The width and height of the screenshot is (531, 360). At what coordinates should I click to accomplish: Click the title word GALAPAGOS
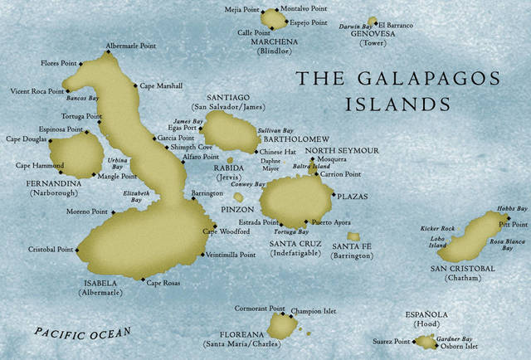419,79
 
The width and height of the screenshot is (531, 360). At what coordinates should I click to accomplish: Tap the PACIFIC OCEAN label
83,333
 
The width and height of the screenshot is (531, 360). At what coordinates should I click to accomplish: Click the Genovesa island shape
372,22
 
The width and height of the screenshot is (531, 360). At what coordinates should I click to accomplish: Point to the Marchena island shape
273,18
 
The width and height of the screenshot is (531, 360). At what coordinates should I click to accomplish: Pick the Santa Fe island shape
353,236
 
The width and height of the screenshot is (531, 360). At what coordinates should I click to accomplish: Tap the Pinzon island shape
239,197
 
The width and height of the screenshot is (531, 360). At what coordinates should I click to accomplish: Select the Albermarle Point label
130,46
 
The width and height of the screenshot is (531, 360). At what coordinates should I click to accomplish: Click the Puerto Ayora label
331,222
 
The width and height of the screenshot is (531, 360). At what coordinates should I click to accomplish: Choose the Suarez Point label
390,341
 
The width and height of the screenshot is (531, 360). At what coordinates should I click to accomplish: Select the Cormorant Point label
260,307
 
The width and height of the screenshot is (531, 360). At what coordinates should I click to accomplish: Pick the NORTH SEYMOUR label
342,150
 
